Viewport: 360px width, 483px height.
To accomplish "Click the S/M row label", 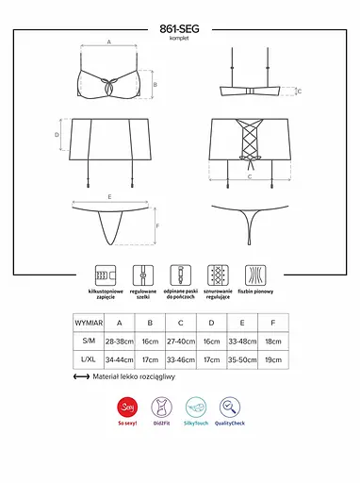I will pos(89,341).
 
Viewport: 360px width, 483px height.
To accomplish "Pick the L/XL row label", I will pos(89,359).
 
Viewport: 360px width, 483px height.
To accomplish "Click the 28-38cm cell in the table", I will pos(120,341).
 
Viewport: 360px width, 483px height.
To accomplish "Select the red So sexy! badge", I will pos(125,408).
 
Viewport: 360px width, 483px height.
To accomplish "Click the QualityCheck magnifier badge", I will pos(231,408).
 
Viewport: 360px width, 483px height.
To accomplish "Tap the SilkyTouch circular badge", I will pos(196,408).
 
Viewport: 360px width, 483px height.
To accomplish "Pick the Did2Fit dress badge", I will pos(161,408).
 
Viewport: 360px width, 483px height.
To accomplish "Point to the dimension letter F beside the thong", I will pos(156,227).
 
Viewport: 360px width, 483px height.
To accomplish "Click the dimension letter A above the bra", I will pos(109,42).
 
